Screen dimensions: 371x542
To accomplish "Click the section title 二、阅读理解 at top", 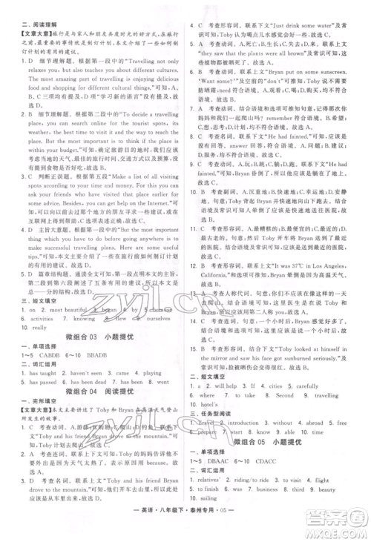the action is point(25,7).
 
